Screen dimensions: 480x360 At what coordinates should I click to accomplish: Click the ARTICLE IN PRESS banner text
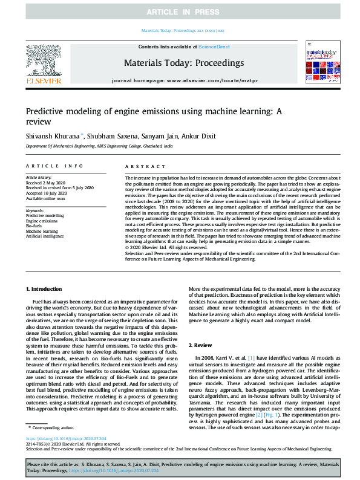[x=180, y=12]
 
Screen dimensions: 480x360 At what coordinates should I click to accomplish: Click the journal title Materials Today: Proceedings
[x=184, y=63]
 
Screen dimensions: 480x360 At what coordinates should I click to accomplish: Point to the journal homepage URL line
[x=184, y=80]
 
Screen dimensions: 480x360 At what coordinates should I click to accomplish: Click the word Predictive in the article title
[x=47, y=112]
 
